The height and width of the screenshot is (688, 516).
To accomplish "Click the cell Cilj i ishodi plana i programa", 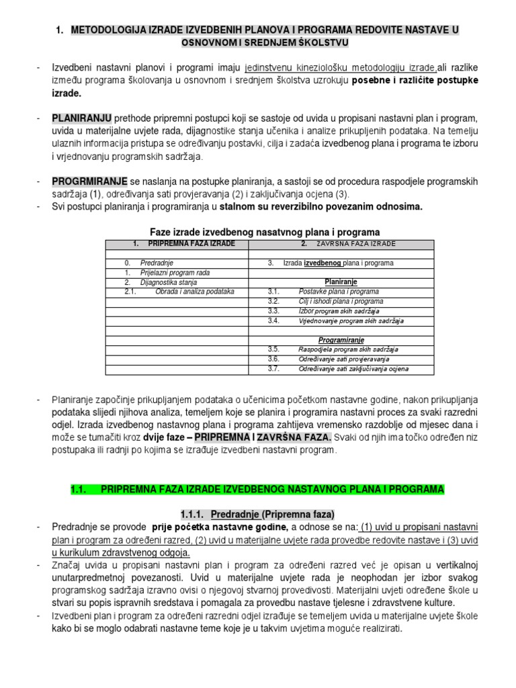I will click(x=341, y=302).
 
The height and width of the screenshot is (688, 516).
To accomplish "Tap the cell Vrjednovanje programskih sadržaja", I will click(x=351, y=321).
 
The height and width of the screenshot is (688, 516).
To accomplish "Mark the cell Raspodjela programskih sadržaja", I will click(x=348, y=350).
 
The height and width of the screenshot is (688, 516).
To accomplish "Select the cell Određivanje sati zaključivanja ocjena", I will click(x=353, y=369).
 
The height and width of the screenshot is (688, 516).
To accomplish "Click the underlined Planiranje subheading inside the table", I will click(x=341, y=282).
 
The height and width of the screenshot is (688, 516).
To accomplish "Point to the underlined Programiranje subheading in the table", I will click(x=341, y=341).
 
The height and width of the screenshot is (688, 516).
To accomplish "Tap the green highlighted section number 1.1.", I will click(x=79, y=490).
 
